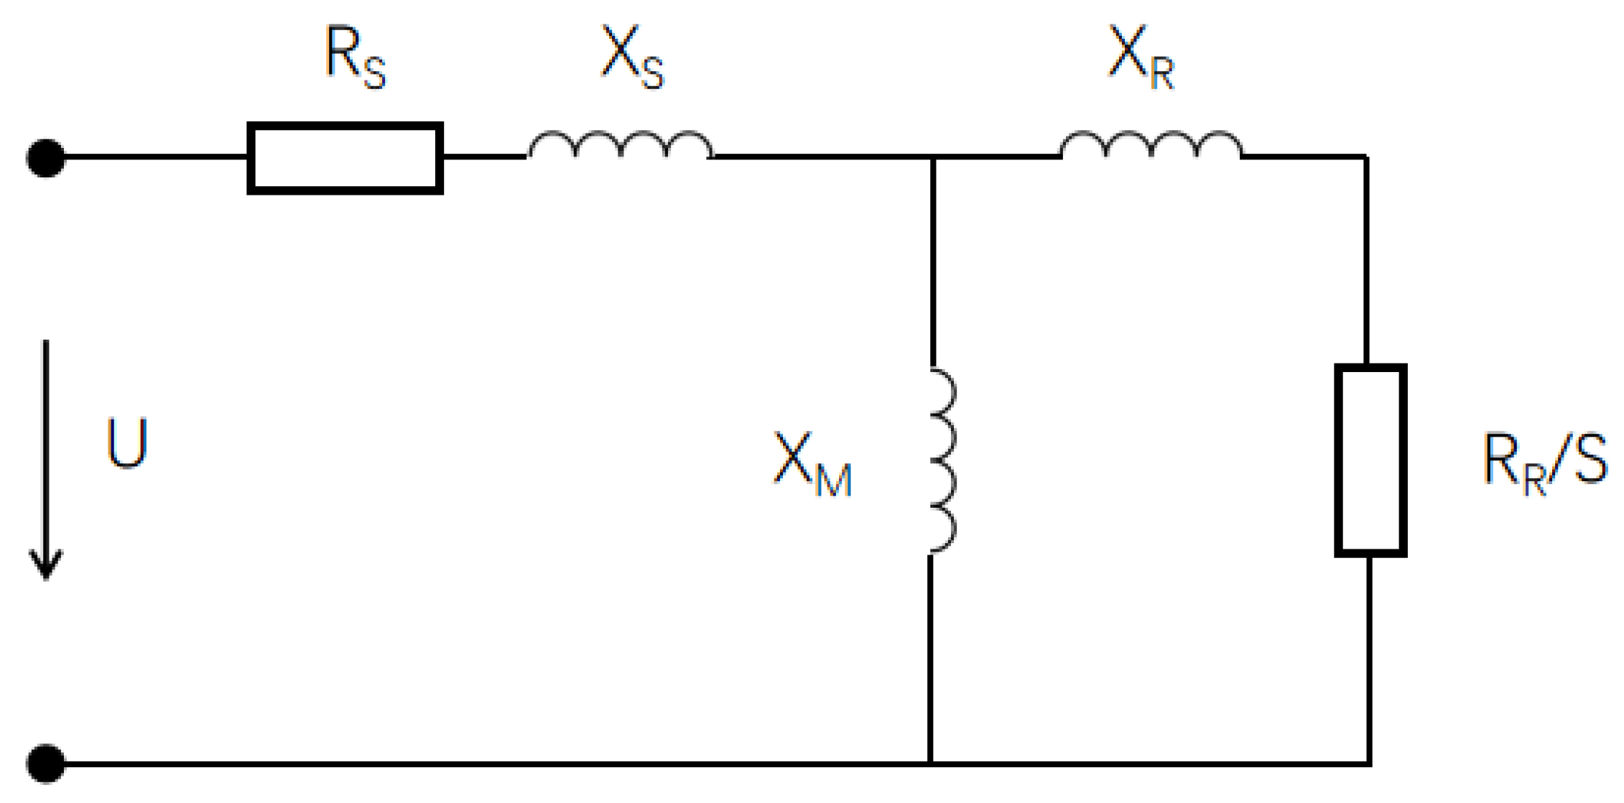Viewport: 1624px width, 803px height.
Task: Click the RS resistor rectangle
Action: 345,158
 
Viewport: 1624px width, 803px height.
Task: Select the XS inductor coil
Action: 621,145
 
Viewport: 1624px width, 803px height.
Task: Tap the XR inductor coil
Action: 1151,145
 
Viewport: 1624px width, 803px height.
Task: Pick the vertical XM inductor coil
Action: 942,461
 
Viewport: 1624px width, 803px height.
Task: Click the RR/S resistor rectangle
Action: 1370,460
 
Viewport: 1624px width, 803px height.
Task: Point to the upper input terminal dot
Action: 46,158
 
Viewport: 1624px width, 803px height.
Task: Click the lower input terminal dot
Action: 46,763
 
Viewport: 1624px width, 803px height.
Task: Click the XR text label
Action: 1141,57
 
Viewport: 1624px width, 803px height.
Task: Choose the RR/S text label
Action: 1544,463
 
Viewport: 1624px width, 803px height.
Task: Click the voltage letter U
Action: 127,443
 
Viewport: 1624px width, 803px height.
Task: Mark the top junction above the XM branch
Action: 932,157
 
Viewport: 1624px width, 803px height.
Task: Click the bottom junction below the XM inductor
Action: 931,763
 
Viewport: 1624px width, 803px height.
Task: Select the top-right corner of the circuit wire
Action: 1365,157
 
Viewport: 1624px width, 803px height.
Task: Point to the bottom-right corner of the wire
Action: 1369,763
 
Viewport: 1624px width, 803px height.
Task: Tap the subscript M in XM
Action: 834,480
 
